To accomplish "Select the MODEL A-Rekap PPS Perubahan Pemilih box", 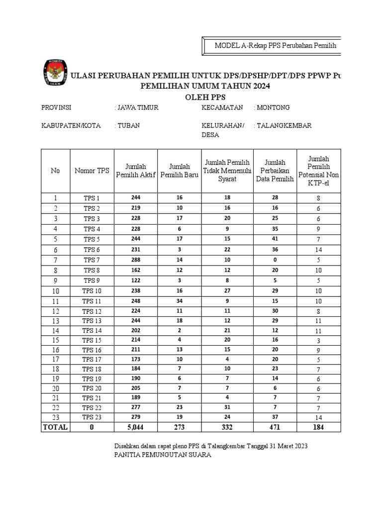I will click(275, 46).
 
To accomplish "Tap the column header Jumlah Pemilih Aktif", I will click(136, 170).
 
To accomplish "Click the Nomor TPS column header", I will click(92, 170).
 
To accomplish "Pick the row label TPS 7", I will click(92, 260).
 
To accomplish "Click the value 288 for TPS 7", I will click(136, 260).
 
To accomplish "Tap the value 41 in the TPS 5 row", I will click(275, 239).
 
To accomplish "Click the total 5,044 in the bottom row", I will click(136, 427).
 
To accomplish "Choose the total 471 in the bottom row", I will click(275, 427).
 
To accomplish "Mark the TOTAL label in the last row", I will click(55, 427).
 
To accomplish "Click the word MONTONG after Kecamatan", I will click(273, 108).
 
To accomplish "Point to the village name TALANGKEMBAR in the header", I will click(284, 126).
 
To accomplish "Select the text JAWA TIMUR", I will click(137, 108).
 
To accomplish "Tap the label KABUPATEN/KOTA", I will click(71, 126).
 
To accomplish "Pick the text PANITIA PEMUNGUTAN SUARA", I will click(163, 455).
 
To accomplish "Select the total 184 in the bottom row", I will click(318, 427).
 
